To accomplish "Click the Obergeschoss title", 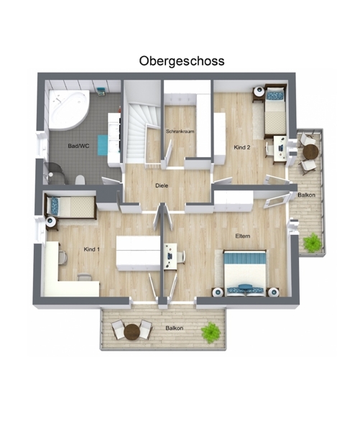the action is (x=182, y=61).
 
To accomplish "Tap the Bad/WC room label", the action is (x=78, y=146).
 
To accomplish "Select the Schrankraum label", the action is (x=180, y=131).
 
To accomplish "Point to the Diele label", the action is (x=162, y=185).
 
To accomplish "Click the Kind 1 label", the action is (x=91, y=249).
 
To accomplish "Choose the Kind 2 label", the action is (x=242, y=147).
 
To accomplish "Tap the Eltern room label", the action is (x=243, y=236).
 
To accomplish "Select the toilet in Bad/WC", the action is (x=80, y=180).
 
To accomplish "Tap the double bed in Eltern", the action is (x=245, y=273).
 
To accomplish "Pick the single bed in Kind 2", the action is (x=275, y=111).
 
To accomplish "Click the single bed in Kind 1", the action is (x=71, y=207).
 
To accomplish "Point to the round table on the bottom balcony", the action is (x=132, y=332).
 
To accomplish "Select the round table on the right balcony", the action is (x=310, y=152).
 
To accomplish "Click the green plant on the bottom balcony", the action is (x=211, y=333).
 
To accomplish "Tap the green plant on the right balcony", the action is (x=313, y=243).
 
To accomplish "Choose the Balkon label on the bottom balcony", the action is (x=175, y=328).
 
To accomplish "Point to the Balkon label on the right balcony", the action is (x=306, y=195).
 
